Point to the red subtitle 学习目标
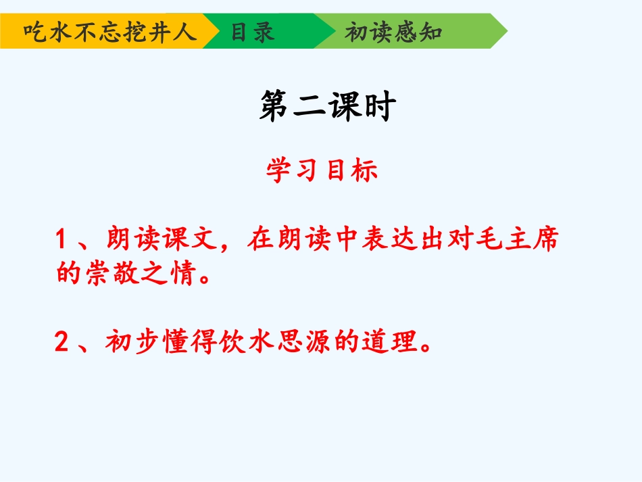click(322, 171)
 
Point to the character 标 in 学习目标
click(364, 171)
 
